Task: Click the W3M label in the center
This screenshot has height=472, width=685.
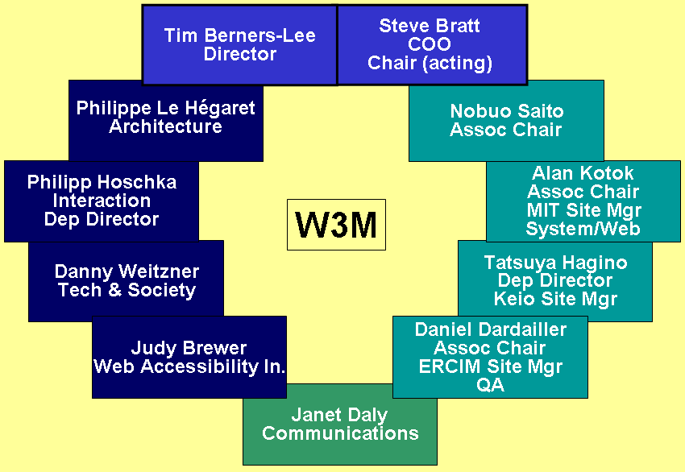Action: (x=336, y=225)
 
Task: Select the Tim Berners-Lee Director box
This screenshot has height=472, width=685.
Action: (x=239, y=45)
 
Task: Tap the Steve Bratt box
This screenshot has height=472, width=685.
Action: (x=431, y=44)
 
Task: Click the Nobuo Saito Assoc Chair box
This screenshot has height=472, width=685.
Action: (x=506, y=120)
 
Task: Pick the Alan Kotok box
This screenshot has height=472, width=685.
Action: (x=583, y=201)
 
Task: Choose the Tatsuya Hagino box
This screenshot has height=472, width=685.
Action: (x=555, y=281)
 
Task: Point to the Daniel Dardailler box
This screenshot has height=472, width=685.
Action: (x=490, y=357)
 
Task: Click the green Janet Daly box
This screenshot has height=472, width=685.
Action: (x=340, y=424)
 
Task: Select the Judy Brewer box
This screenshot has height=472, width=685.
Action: (x=189, y=357)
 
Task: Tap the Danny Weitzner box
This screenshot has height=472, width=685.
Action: (x=127, y=280)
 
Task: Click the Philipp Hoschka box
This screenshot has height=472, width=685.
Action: (x=102, y=201)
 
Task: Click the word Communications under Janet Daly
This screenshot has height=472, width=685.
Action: (x=340, y=434)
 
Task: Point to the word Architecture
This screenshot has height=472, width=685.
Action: (x=165, y=127)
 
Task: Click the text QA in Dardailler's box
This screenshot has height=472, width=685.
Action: (x=490, y=385)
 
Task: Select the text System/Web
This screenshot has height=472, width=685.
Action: (x=583, y=230)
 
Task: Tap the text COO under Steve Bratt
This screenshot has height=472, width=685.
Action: (x=429, y=44)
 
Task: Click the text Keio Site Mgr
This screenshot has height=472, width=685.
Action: (x=555, y=300)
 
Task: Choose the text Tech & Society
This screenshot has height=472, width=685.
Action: (x=127, y=290)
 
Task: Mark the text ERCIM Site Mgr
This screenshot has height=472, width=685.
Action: (x=490, y=366)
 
